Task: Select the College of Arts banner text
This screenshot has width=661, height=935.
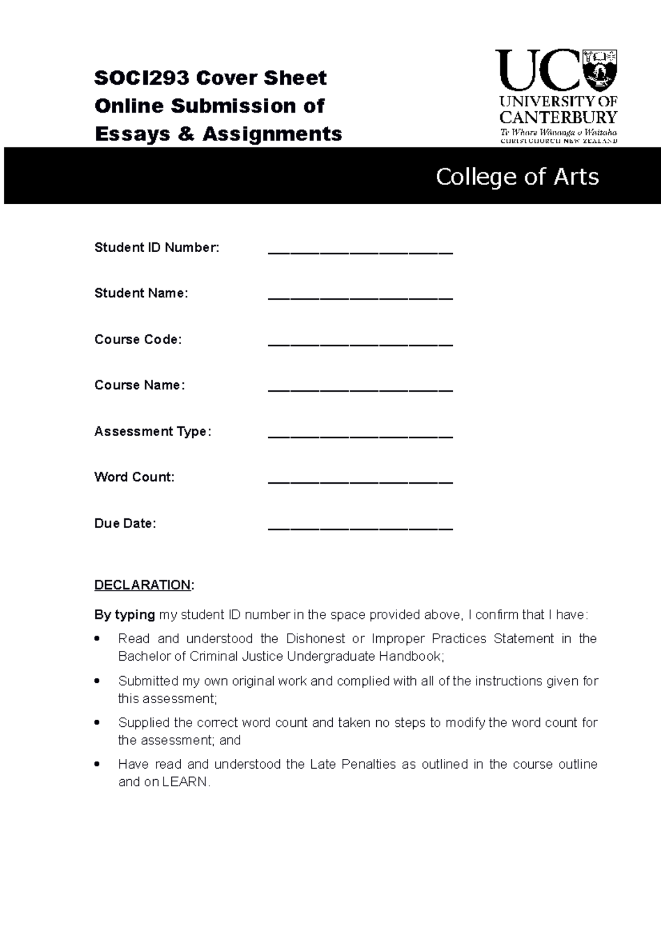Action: (x=517, y=177)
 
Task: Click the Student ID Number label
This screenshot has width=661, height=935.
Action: (x=156, y=248)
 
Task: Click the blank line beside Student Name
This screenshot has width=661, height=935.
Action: (x=360, y=298)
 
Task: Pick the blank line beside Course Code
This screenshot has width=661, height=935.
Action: (x=360, y=344)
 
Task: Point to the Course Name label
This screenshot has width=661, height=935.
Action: (x=139, y=385)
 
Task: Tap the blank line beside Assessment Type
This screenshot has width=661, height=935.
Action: (x=360, y=436)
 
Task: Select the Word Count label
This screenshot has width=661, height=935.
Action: (x=134, y=477)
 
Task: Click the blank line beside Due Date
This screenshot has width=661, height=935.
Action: (x=360, y=528)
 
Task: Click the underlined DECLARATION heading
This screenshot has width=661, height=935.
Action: (x=143, y=585)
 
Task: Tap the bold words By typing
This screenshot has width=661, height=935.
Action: (x=124, y=615)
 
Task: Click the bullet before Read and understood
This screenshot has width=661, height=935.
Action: (x=97, y=639)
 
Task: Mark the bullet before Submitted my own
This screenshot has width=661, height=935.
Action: (x=97, y=681)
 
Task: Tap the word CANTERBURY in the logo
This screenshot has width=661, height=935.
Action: (x=558, y=117)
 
